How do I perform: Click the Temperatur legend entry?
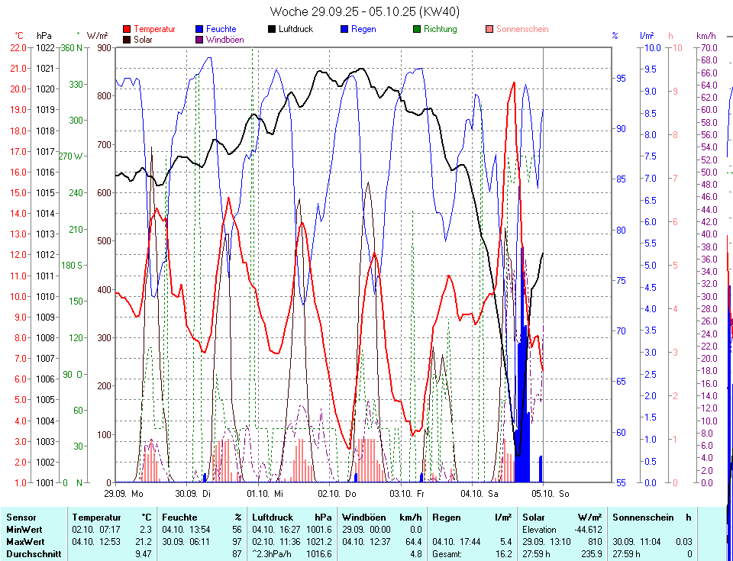(153, 29)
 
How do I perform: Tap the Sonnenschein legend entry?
(522, 29)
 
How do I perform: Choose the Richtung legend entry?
(441, 29)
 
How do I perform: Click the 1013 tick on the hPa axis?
(45, 234)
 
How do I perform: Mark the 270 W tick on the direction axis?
(71, 156)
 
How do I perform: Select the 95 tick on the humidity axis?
(621, 79)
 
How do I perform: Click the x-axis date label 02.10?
(331, 494)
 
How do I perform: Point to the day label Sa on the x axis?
(492, 494)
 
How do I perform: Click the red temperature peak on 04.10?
(514, 82)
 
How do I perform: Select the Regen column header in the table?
(447, 517)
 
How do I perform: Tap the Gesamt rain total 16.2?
(503, 553)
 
